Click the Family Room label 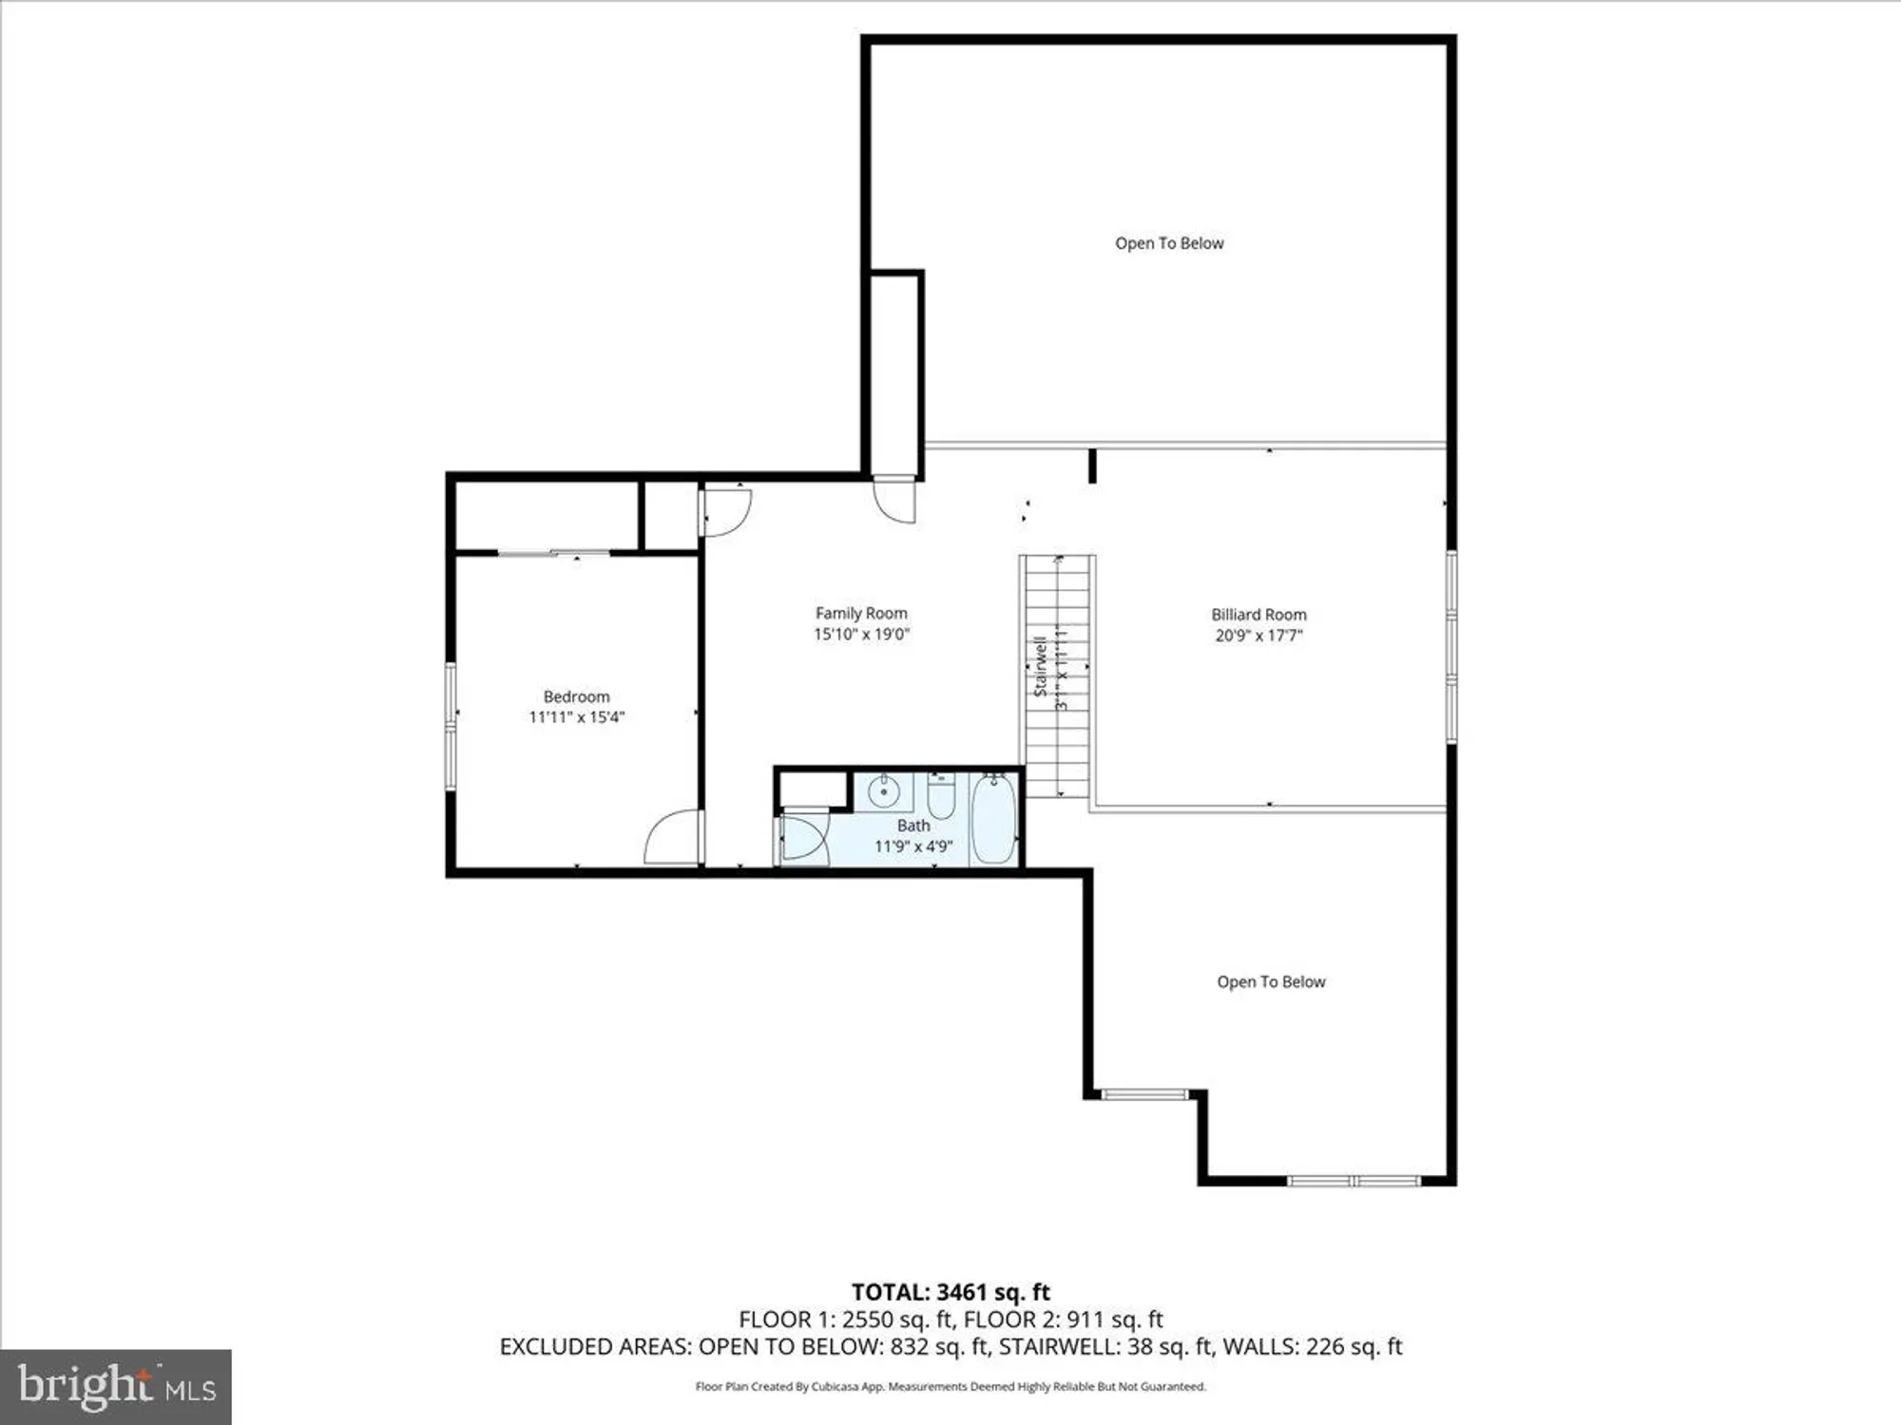[x=861, y=614]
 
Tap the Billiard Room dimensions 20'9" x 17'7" [x=1258, y=636]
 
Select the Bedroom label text [x=576, y=696]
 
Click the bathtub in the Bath [x=993, y=819]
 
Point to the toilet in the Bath [x=941, y=798]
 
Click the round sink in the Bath [x=884, y=790]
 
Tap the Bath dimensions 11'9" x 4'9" [x=913, y=846]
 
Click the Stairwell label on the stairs [x=1041, y=665]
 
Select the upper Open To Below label [x=1169, y=243]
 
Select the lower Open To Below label [x=1271, y=982]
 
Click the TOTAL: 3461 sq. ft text [x=950, y=1292]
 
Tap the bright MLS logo [x=116, y=1386]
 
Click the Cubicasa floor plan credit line [x=950, y=1387]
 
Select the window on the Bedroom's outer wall [x=451, y=727]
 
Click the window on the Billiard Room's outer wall [x=1450, y=646]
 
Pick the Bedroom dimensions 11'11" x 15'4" [x=576, y=717]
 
